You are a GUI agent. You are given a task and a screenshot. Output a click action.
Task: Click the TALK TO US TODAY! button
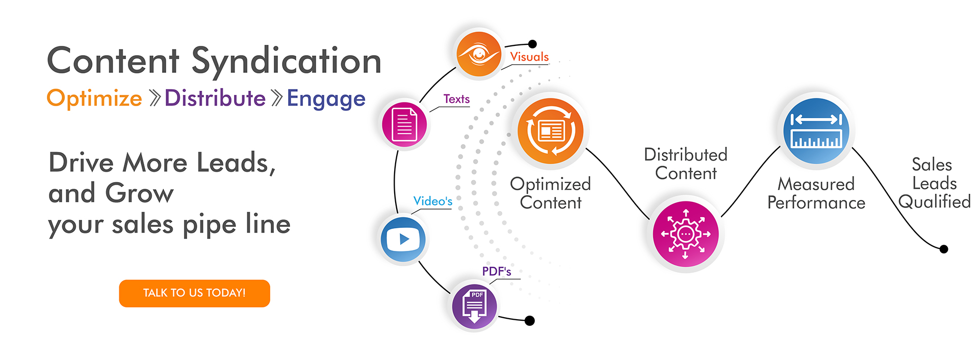pos(194,293)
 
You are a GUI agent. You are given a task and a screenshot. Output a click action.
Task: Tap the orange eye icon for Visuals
pos(478,54)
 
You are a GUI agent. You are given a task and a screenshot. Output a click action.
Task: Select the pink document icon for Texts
pos(405,124)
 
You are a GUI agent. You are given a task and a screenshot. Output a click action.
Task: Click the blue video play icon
pos(403,239)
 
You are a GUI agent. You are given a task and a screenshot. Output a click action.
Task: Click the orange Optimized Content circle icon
pos(550,131)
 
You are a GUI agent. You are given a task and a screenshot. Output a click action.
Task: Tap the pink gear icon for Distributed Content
pos(685,234)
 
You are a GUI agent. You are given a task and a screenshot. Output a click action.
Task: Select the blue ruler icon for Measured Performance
pos(816,131)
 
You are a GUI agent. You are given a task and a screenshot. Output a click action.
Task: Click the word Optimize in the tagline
pos(94,98)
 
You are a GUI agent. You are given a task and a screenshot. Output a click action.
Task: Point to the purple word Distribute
pos(215,98)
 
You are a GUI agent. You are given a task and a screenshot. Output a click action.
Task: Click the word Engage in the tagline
pos(326,99)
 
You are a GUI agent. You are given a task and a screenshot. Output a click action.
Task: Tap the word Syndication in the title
pos(286,62)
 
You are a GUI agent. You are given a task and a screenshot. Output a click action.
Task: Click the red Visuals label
pos(529,57)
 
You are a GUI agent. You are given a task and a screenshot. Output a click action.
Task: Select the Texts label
pos(456,99)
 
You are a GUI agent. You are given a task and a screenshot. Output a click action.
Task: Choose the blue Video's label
pos(433,201)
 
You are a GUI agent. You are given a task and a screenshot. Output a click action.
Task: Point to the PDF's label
pos(497,271)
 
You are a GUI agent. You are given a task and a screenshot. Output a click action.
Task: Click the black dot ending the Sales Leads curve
pos(944,249)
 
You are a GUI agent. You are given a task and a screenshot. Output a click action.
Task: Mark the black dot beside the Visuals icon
pos(532,44)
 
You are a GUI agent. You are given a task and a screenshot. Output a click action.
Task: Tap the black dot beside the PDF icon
pos(530,321)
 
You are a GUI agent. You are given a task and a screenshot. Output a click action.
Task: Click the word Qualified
pos(934,202)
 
